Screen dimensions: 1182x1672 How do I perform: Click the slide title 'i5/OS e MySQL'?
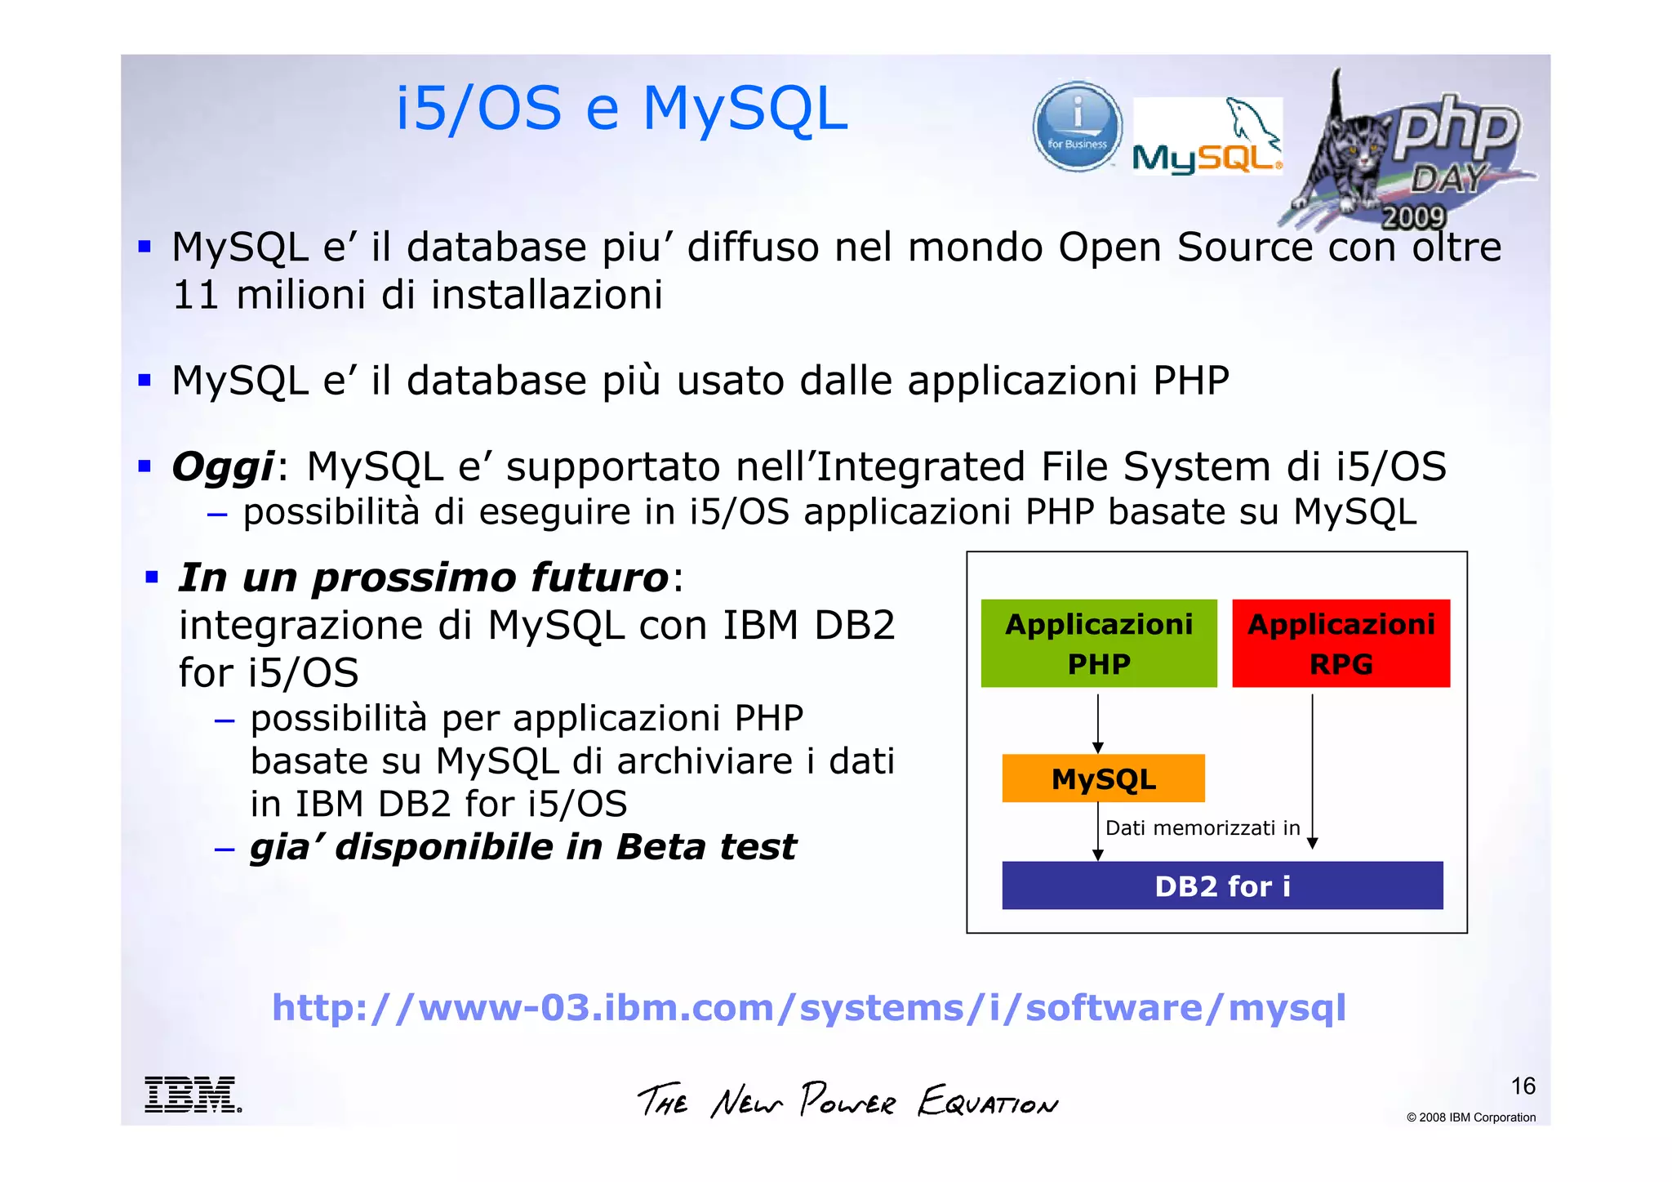621,109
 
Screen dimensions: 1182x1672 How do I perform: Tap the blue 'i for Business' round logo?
1077,127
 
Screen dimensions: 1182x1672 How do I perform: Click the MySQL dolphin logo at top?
1207,136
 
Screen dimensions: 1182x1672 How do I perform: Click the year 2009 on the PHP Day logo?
1413,217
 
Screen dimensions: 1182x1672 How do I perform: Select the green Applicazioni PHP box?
1098,644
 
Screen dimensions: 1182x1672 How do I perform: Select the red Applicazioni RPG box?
1341,644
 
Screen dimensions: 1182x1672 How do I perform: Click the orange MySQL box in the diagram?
1103,778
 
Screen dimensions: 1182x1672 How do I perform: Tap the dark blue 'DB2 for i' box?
1222,885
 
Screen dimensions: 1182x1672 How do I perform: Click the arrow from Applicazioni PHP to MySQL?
1098,723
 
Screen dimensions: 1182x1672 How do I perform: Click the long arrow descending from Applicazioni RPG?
1312,768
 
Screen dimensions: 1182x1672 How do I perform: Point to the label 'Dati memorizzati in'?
1202,828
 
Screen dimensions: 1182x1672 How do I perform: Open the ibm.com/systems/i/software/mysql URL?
808,1007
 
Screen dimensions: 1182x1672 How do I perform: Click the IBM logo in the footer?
193,1095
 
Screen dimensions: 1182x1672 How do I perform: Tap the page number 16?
1523,1086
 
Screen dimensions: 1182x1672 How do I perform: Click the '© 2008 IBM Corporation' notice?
1470,1117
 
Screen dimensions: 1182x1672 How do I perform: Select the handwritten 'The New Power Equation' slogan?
847,1100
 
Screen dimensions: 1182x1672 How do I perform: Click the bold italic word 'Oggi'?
223,467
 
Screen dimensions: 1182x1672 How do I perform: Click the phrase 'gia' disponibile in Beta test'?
522,847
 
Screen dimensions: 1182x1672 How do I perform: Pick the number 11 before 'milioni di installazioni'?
195,295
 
